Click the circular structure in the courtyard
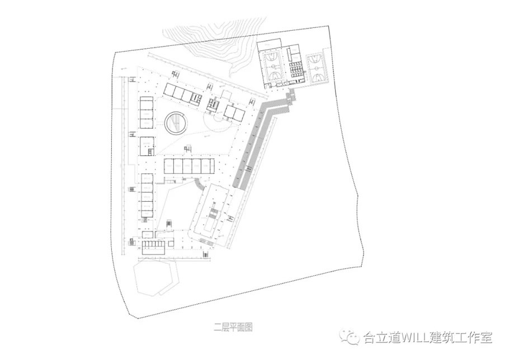176,123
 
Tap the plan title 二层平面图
233,327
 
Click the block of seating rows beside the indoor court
296,70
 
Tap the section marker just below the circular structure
187,149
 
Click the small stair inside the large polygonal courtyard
169,224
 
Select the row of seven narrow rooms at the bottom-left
154,244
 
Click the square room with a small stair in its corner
147,146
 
